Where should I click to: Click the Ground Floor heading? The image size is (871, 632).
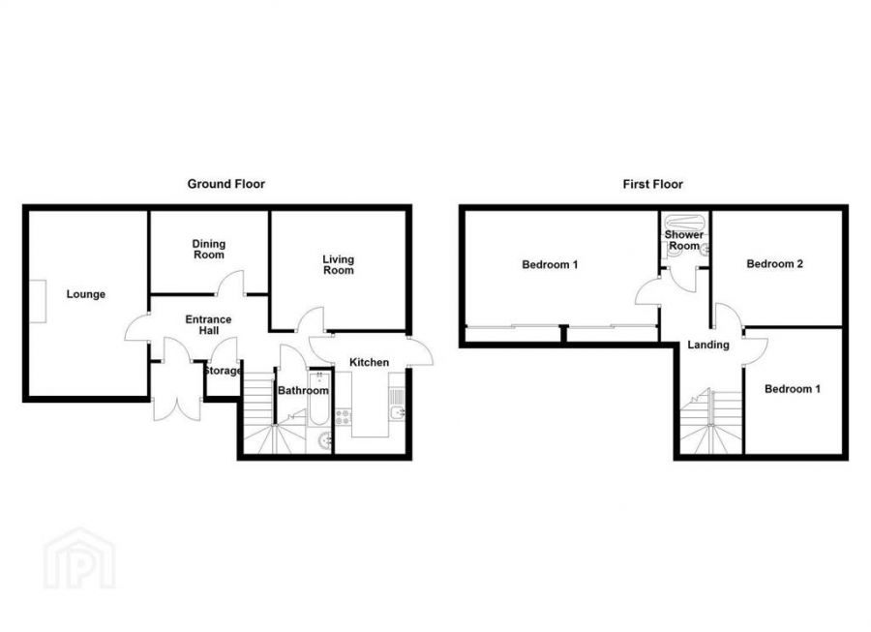(x=225, y=184)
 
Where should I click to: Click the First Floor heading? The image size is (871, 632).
(x=652, y=184)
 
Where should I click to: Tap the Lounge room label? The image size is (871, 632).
(x=85, y=294)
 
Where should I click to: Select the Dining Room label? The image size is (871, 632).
(x=209, y=250)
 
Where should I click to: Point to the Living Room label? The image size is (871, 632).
(x=339, y=265)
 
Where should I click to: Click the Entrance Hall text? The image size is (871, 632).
(x=208, y=325)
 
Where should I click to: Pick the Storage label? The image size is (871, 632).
(x=223, y=371)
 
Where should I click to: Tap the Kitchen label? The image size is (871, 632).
(x=369, y=362)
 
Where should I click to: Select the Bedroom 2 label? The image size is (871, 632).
(x=774, y=264)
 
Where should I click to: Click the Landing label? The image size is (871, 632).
(x=708, y=345)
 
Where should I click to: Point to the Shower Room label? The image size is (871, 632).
(x=684, y=240)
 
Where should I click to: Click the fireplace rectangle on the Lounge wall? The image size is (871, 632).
(x=38, y=302)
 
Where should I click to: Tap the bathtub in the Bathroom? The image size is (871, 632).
(x=319, y=398)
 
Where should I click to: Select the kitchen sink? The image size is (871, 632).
(x=397, y=412)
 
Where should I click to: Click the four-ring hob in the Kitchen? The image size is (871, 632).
(x=343, y=417)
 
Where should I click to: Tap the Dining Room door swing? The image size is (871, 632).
(x=230, y=283)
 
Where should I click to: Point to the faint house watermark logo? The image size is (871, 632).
(x=79, y=558)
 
